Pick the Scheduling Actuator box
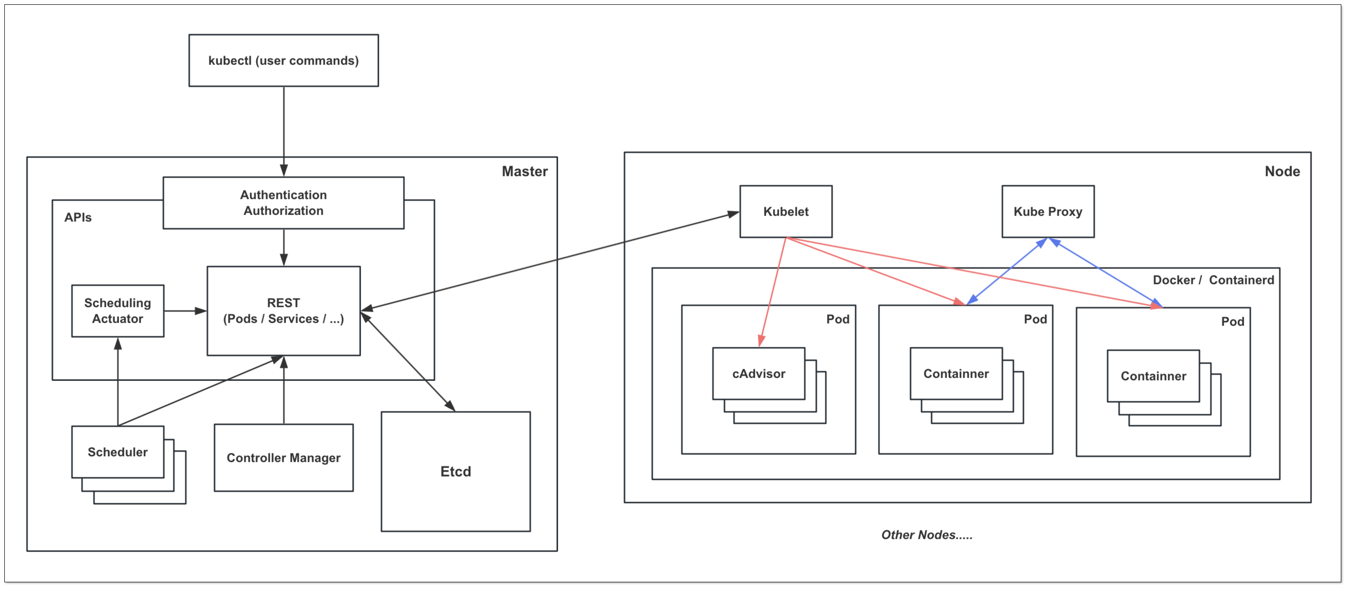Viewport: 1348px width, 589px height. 118,311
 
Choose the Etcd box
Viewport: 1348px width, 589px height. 455,471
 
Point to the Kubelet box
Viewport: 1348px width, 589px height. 785,211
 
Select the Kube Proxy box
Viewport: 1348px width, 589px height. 1048,211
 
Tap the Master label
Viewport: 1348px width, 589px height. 524,172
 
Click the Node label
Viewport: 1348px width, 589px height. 1282,172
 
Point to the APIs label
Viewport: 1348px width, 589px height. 78,217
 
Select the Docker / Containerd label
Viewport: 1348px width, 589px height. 1213,280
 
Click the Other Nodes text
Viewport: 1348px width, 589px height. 926,534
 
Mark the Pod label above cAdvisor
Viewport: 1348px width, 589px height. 837,319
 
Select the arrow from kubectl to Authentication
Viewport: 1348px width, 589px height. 284,131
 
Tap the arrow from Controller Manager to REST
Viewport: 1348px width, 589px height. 284,390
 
